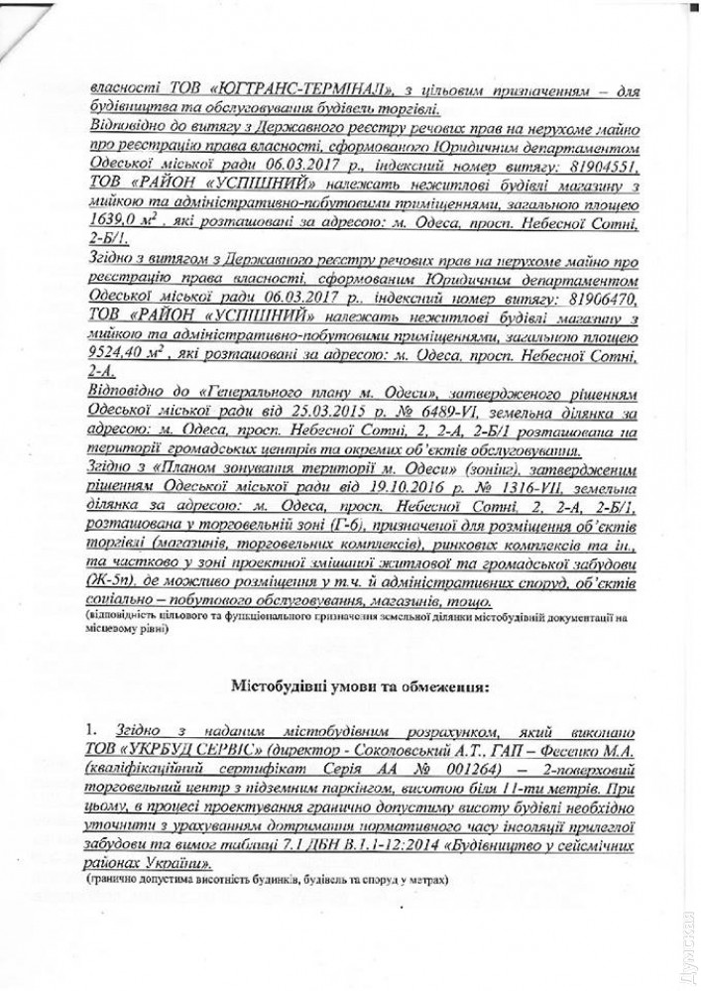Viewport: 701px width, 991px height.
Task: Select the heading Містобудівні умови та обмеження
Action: (x=360, y=684)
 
